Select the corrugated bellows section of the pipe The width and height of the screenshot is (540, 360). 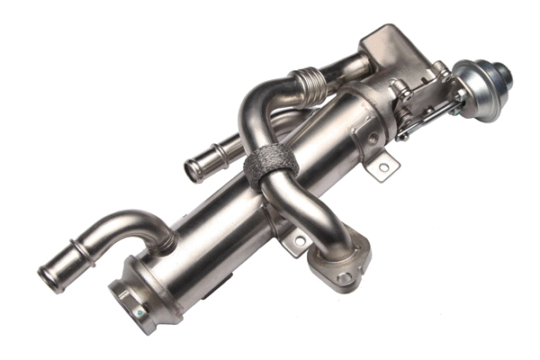[310, 85]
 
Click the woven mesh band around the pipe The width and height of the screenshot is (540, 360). [269, 166]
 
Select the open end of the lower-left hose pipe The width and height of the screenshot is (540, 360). [49, 278]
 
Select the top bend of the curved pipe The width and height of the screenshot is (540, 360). [261, 94]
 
